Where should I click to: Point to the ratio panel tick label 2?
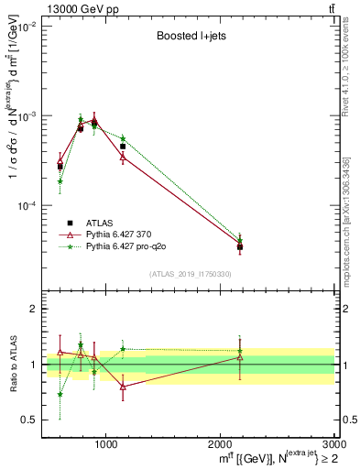pos(33,310)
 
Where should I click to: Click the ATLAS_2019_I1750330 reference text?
pos(191,274)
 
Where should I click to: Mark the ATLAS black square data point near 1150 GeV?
pos(123,147)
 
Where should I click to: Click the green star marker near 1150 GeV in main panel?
pos(123,138)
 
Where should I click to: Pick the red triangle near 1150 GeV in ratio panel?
pos(123,387)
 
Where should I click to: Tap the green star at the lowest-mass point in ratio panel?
pos(60,395)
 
